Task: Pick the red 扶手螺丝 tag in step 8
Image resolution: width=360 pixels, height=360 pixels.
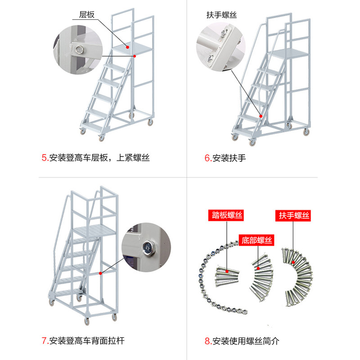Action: pyautogui.click(x=294, y=216)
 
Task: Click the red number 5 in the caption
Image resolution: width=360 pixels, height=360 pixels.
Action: pyautogui.click(x=44, y=158)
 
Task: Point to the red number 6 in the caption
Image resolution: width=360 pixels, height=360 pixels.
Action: pyautogui.click(x=207, y=158)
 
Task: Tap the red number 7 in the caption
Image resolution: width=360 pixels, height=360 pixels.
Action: pyautogui.click(x=44, y=341)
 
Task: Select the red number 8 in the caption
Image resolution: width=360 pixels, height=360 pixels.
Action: pyautogui.click(x=207, y=341)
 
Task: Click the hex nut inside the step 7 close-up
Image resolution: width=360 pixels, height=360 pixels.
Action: pyautogui.click(x=147, y=246)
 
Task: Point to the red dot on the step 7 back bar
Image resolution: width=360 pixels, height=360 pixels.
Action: pyautogui.click(x=100, y=273)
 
